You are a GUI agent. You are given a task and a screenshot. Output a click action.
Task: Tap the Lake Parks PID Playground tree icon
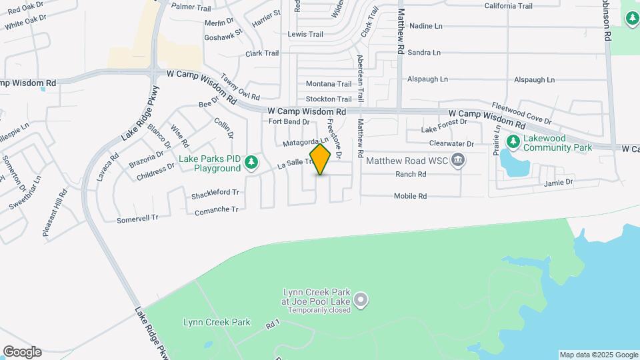(x=251, y=163)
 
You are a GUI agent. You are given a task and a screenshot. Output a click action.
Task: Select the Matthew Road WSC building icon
(x=457, y=161)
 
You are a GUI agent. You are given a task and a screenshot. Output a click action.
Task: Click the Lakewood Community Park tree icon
(x=513, y=142)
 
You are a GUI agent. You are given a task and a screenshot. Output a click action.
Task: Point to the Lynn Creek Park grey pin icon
(x=361, y=301)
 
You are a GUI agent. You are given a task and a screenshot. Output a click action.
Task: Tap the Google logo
(x=22, y=352)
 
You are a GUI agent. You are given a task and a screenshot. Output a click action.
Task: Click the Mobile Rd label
(x=410, y=197)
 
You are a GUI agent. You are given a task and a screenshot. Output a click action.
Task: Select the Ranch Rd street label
(x=411, y=175)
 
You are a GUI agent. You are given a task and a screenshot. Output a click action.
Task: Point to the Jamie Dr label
(x=558, y=183)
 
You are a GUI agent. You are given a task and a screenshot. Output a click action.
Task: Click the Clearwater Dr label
(x=451, y=144)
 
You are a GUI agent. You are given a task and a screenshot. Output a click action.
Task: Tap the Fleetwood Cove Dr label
(x=521, y=113)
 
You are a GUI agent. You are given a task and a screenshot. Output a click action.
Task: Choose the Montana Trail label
(x=328, y=84)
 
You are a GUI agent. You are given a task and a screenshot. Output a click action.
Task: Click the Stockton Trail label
(x=328, y=99)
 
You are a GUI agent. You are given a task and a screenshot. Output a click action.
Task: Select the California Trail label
(x=508, y=6)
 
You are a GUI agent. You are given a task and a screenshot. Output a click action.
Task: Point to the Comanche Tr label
(x=216, y=210)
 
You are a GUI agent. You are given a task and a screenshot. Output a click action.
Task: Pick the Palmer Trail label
(x=191, y=6)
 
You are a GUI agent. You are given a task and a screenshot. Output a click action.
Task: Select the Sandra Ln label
(x=424, y=53)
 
